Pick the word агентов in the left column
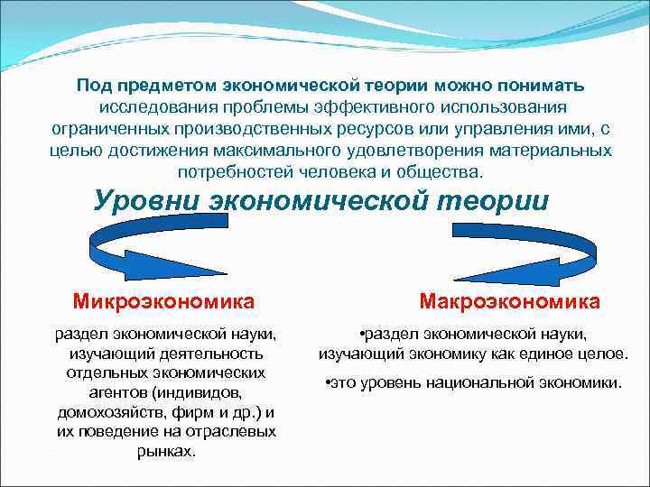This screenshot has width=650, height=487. (x=111, y=392)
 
